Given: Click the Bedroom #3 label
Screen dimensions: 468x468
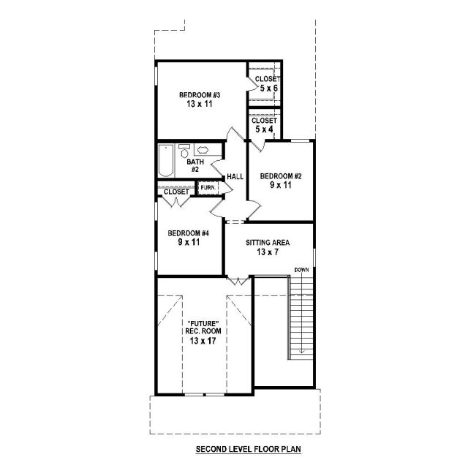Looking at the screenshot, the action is tap(200, 95).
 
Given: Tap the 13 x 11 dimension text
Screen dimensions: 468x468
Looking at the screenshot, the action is tap(200, 104).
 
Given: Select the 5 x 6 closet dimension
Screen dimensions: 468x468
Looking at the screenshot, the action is tap(268, 88).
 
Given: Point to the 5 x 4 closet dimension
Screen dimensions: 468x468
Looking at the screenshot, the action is tap(264, 129).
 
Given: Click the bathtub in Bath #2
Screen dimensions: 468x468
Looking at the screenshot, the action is tap(166, 161).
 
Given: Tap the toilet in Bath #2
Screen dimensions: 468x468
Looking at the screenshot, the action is tap(184, 151).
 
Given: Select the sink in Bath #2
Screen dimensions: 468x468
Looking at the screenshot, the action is tap(203, 149).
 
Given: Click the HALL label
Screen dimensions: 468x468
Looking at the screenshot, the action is tap(235, 177).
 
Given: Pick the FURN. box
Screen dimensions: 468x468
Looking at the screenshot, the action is tap(208, 188).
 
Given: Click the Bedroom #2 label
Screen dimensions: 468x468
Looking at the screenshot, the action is tap(281, 176).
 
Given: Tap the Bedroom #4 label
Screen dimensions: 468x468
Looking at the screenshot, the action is tap(189, 233).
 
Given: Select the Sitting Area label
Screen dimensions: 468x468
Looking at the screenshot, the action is tap(268, 243).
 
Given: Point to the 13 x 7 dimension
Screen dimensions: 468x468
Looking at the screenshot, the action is tap(268, 252).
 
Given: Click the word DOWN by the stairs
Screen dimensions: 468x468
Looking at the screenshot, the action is tap(302, 270).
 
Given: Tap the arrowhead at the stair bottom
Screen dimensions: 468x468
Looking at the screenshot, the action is tap(302, 351).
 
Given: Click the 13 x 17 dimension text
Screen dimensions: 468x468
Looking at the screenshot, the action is tap(203, 341).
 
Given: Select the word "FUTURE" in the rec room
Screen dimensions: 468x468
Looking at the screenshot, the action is tap(203, 324).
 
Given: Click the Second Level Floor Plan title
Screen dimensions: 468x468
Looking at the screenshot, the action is tap(249, 449).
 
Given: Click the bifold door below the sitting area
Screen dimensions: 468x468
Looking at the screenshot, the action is tap(238, 281).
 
